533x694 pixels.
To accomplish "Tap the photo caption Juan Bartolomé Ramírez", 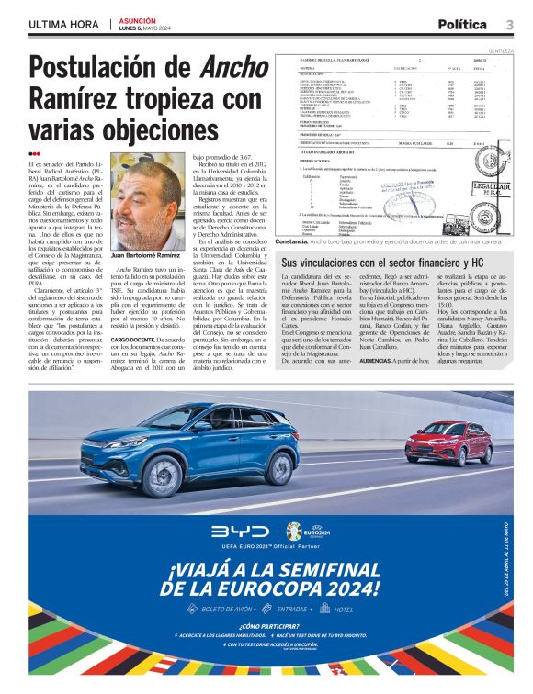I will (x=145, y=255).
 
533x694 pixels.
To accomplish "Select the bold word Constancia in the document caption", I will (x=291, y=241).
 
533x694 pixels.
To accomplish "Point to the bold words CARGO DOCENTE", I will (x=138, y=338).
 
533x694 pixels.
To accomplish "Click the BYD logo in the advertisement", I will (x=239, y=531).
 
